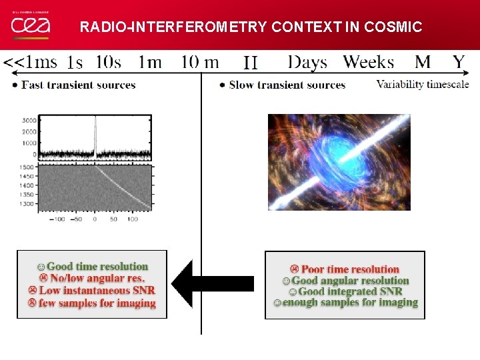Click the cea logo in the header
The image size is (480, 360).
click(30, 25)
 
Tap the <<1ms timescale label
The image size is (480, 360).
click(31, 63)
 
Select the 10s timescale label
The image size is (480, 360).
click(108, 63)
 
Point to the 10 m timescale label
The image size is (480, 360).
click(200, 63)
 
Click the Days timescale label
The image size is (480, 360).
click(307, 63)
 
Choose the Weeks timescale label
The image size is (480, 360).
click(369, 63)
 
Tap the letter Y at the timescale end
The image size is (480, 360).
click(459, 63)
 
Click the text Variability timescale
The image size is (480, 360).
click(423, 85)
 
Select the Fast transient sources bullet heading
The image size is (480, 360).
click(78, 85)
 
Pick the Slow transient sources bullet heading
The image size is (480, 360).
click(287, 85)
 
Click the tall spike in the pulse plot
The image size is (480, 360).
click(95, 133)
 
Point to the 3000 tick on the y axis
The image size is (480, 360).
click(29, 121)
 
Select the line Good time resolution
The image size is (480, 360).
click(93, 267)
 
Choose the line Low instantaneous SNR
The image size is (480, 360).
click(93, 290)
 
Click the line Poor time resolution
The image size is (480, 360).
click(345, 269)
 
